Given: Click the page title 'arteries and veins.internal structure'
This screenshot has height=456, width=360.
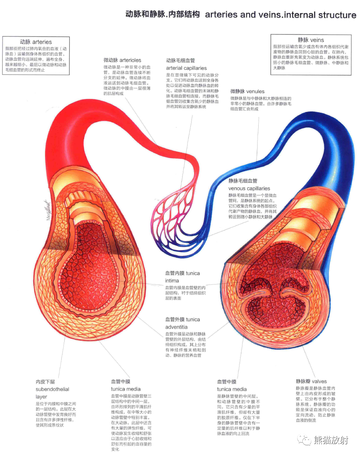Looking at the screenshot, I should tap(280, 15).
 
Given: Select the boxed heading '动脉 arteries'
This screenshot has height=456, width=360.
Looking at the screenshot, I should tap(36, 42).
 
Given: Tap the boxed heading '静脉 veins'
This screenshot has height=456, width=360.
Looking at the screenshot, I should tap(311, 40).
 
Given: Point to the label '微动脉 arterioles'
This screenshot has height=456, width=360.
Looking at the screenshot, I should tap(122, 60).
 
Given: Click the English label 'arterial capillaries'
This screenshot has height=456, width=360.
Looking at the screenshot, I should tap(186, 68).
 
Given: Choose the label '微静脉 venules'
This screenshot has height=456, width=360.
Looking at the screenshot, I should tap(247, 91).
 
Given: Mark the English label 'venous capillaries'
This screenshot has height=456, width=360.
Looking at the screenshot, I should tap(249, 188).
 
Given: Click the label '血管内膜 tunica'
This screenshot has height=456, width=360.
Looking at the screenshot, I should tap(182, 273).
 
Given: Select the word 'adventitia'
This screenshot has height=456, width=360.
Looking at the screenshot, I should tap(176, 327).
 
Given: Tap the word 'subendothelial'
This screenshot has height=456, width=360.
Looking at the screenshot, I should tap(52, 389).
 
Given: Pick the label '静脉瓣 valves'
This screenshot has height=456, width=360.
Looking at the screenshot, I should tap(311, 381).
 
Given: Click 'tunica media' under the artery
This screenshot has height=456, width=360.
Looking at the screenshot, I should tap(126, 389).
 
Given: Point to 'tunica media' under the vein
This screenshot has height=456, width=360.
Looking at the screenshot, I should tap(232, 389).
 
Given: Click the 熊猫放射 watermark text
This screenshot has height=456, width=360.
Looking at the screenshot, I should tap(331, 440).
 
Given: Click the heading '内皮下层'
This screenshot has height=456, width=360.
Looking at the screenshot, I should tap(45, 382).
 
